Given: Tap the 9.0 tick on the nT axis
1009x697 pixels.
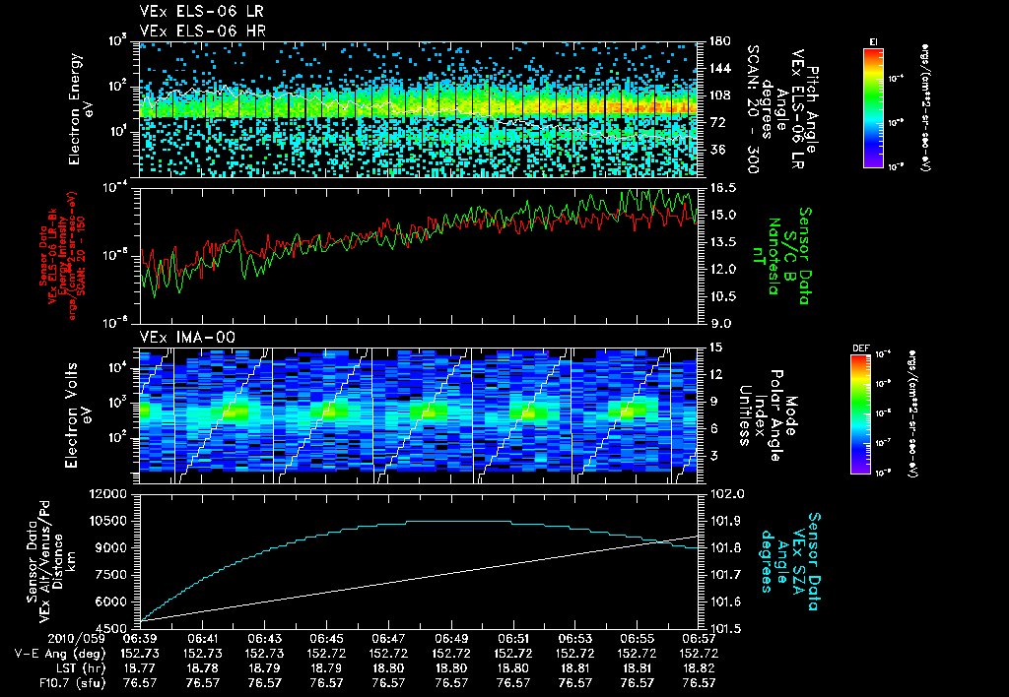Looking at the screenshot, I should click(718, 322).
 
